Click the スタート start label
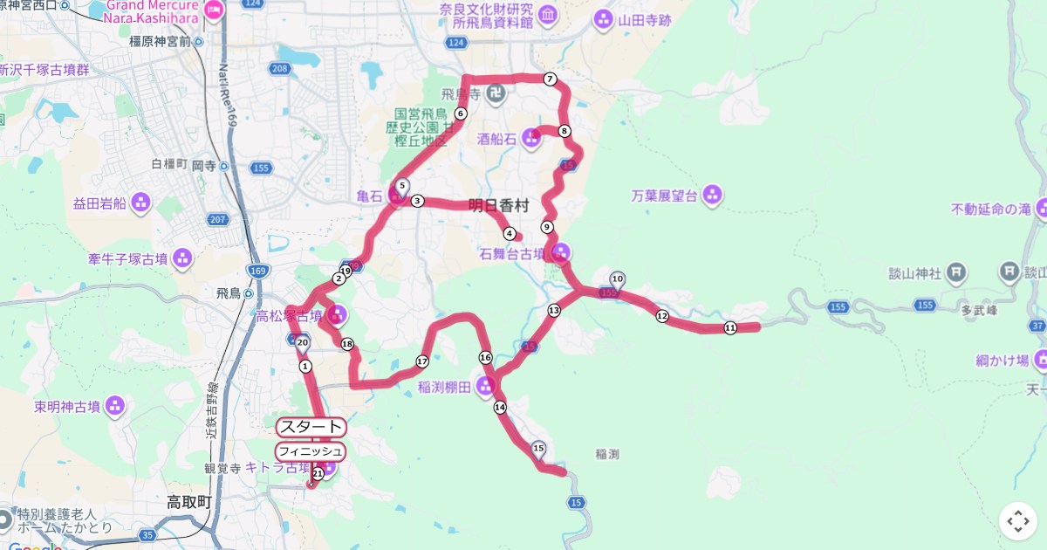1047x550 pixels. (x=311, y=427)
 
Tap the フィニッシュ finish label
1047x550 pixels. (x=311, y=451)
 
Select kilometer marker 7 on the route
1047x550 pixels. (x=550, y=79)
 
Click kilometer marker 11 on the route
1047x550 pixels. (x=730, y=327)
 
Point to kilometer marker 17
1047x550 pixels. (x=422, y=361)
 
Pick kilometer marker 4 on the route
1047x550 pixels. (x=510, y=233)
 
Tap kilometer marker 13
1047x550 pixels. (x=554, y=310)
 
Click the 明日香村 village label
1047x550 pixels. (x=498, y=206)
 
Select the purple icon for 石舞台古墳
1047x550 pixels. (x=561, y=253)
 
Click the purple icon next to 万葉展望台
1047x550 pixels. (x=712, y=196)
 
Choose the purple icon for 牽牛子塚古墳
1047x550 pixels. (x=181, y=258)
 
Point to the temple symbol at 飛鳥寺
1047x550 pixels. (x=496, y=93)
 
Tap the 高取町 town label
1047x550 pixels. (x=189, y=502)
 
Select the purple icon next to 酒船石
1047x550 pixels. (x=531, y=137)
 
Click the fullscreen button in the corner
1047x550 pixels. (x=1017, y=521)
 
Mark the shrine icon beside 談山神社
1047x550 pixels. (x=956, y=272)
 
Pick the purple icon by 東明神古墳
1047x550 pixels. (x=114, y=406)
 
